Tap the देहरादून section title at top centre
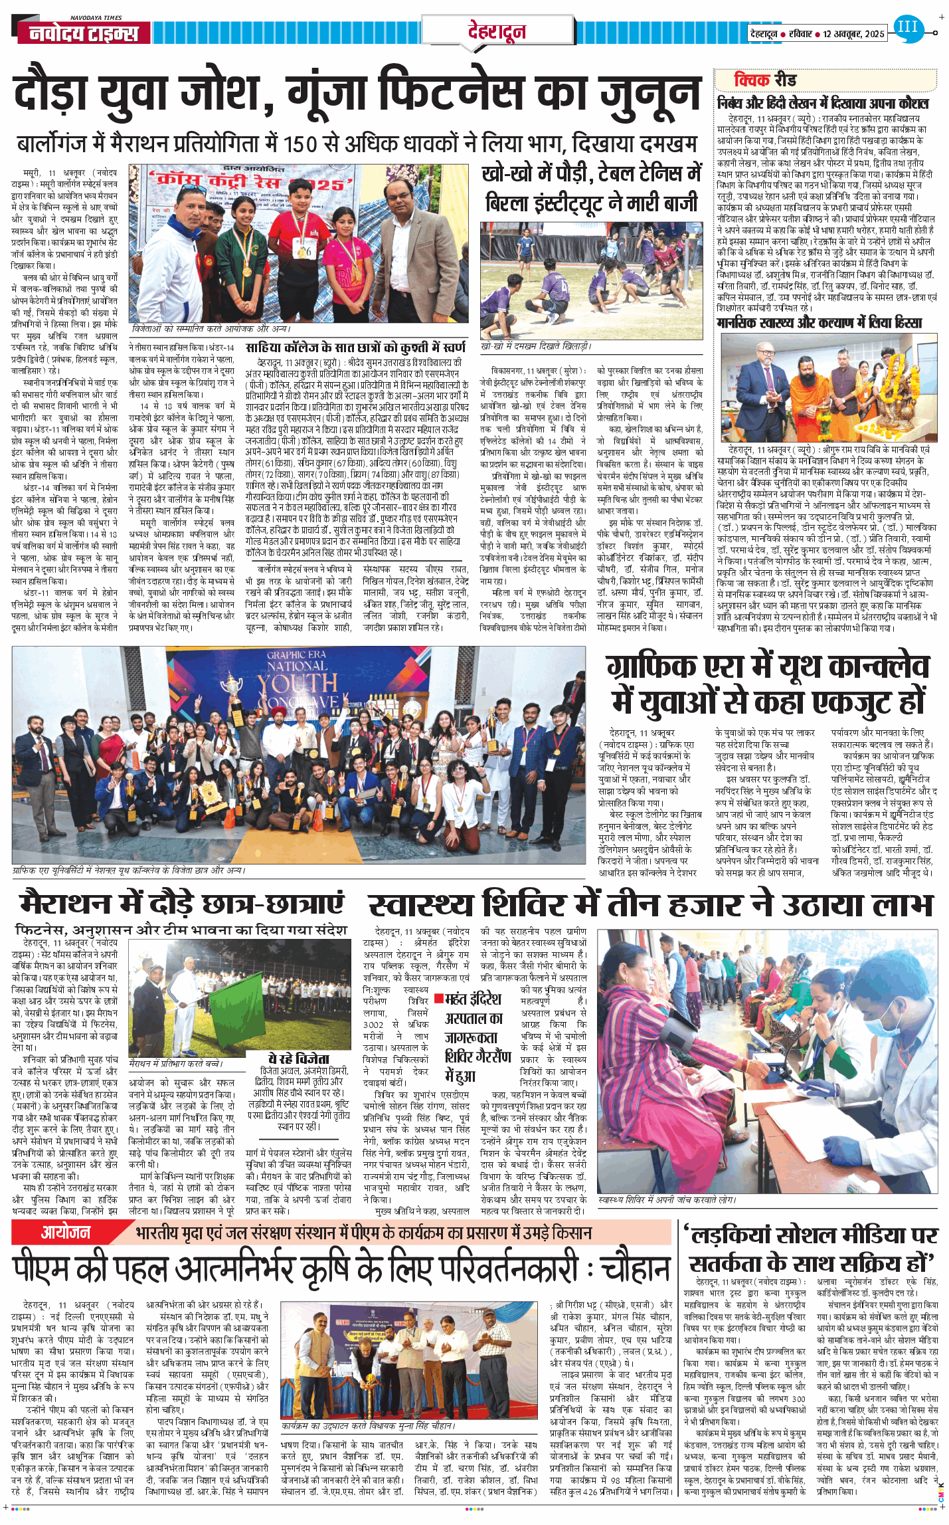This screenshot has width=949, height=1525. [x=496, y=31]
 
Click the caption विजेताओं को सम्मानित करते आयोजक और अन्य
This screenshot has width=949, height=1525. [x=211, y=329]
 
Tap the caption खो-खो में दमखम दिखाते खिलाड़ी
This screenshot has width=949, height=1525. [x=535, y=346]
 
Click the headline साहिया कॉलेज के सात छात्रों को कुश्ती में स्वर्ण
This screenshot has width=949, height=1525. [x=356, y=348]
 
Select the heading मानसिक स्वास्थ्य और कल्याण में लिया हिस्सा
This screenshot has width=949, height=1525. [x=819, y=323]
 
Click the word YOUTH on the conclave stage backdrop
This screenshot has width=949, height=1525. [x=297, y=684]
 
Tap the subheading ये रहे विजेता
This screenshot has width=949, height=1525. [x=299, y=1059]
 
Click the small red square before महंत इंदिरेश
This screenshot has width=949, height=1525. [x=438, y=998]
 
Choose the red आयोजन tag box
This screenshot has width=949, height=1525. [x=65, y=1233]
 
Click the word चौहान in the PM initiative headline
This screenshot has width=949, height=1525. [x=635, y=1271]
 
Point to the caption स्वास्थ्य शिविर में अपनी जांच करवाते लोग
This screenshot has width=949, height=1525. [x=666, y=1200]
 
